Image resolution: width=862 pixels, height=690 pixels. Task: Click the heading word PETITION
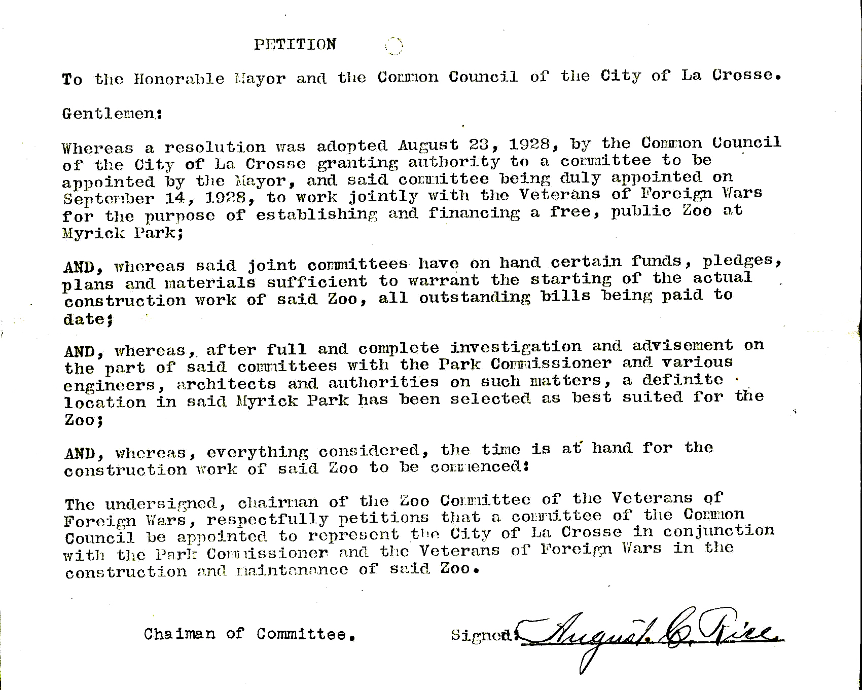pyautogui.click(x=295, y=45)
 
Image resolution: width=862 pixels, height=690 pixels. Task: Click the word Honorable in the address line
pyautogui.click(x=178, y=79)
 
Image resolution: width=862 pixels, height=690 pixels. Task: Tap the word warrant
pyautogui.click(x=443, y=280)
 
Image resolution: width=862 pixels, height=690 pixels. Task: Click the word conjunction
pyautogui.click(x=719, y=531)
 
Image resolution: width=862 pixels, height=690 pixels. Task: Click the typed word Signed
pyautogui.click(x=482, y=635)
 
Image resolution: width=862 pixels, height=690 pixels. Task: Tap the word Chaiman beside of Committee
pyautogui.click(x=179, y=634)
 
